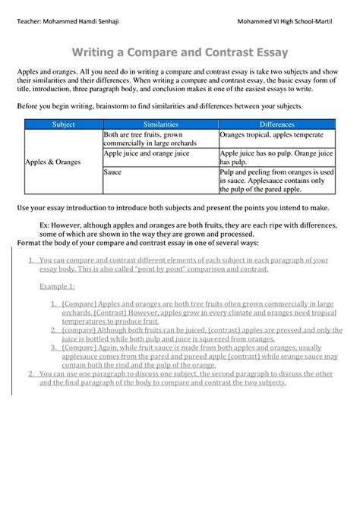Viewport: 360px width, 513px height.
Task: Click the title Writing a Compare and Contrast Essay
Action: (179, 53)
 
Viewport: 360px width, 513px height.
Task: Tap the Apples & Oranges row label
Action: (53, 162)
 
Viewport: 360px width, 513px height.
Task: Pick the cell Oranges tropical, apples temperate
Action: (271, 134)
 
